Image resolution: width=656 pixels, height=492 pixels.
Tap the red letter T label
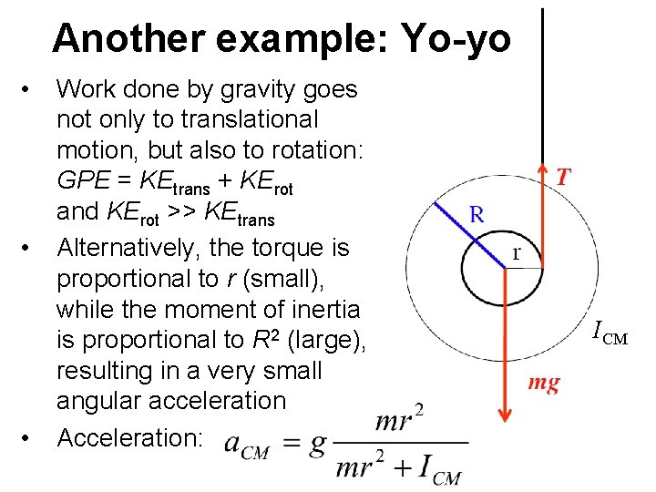[x=565, y=177]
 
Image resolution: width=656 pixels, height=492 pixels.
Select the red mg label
[x=544, y=383]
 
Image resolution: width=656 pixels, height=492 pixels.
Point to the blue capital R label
[x=477, y=215]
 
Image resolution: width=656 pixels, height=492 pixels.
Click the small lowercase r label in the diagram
[x=518, y=252]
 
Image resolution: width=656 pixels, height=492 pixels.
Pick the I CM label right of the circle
[x=610, y=333]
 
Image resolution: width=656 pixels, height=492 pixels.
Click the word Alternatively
[x=128, y=246]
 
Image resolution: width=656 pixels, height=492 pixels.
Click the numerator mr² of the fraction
[x=398, y=420]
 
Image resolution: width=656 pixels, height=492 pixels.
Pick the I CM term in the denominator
[x=440, y=469]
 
